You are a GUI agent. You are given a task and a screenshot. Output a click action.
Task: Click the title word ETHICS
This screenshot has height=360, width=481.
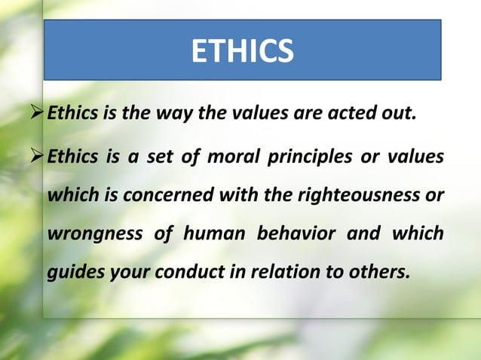tap(241, 50)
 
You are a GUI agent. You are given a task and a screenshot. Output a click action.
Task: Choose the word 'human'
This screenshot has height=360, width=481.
tap(213, 233)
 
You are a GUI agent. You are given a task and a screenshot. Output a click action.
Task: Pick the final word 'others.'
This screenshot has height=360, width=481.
tap(376, 272)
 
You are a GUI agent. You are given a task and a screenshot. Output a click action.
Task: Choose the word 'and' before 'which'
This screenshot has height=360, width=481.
tap(363, 233)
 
